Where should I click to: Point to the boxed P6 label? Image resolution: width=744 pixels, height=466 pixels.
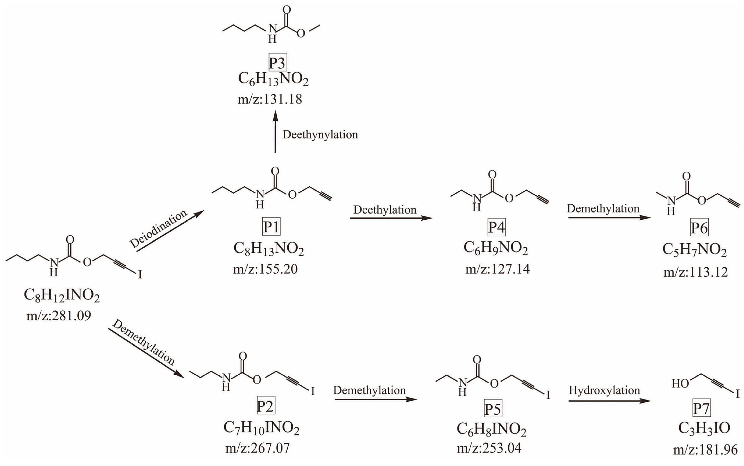click(x=699, y=228)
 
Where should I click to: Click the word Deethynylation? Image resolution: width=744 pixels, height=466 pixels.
click(x=320, y=135)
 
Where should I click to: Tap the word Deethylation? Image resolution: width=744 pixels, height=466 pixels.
click(x=385, y=210)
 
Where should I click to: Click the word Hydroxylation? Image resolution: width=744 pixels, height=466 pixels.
click(x=604, y=390)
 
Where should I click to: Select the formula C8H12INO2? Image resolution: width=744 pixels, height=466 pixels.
click(x=62, y=296)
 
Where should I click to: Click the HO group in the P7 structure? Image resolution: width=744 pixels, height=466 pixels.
click(x=680, y=384)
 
